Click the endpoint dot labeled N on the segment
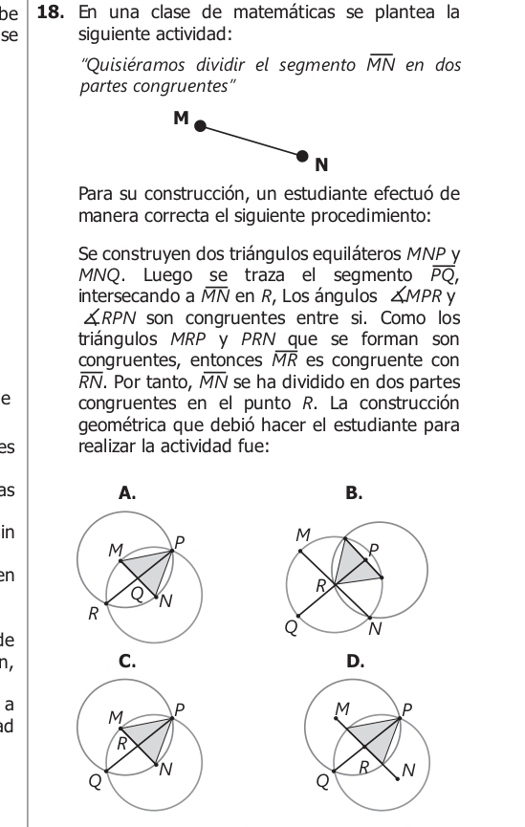(x=303, y=155)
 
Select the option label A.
(x=123, y=493)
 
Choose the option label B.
(x=354, y=493)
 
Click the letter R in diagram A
(x=93, y=615)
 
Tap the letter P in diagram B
(x=374, y=550)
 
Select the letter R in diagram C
(x=121, y=741)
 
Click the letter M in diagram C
(x=115, y=716)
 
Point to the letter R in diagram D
(x=362, y=767)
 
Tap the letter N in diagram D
(x=409, y=770)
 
